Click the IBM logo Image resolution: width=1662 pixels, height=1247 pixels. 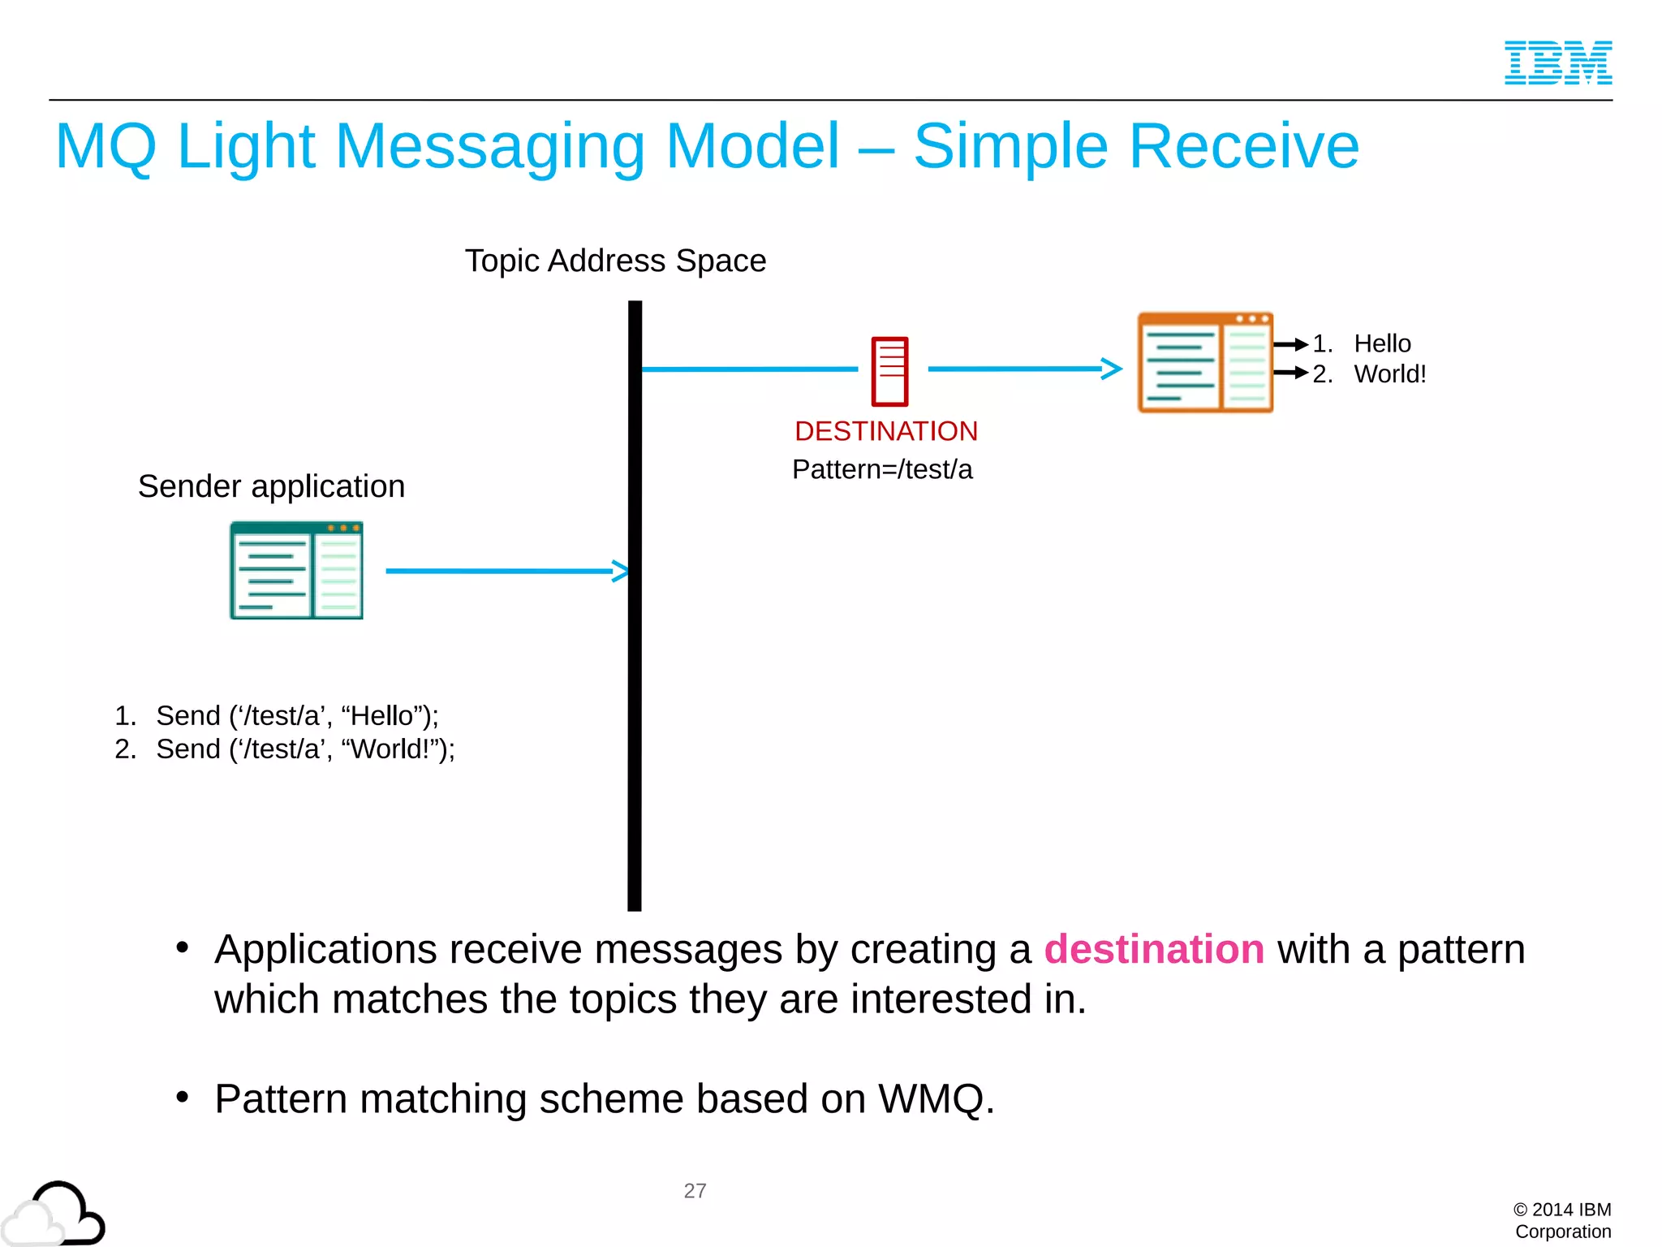coord(1557,63)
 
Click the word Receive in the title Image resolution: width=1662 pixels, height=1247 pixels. coord(1243,147)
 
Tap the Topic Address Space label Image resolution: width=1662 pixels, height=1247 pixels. coord(615,261)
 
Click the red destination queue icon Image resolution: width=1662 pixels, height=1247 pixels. coord(889,371)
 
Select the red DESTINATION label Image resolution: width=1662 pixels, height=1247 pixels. coord(885,431)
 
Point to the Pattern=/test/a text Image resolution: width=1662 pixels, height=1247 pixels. coord(882,469)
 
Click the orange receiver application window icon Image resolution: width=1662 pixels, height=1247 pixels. coord(1204,363)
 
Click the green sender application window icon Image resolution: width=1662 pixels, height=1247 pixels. coord(296,571)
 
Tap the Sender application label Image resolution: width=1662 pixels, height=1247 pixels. coord(271,486)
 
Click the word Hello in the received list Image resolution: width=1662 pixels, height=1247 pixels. coord(1382,344)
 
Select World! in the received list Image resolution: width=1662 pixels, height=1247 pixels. coord(1389,374)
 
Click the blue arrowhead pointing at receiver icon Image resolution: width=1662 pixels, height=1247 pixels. coord(1111,369)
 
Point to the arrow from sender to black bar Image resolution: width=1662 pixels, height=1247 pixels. coord(503,571)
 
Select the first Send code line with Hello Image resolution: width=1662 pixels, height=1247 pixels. coord(296,716)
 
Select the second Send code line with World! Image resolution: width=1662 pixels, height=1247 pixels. coord(304,749)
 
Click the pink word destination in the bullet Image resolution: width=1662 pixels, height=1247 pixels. coord(1153,949)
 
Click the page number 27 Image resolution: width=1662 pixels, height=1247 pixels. coord(695,1191)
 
